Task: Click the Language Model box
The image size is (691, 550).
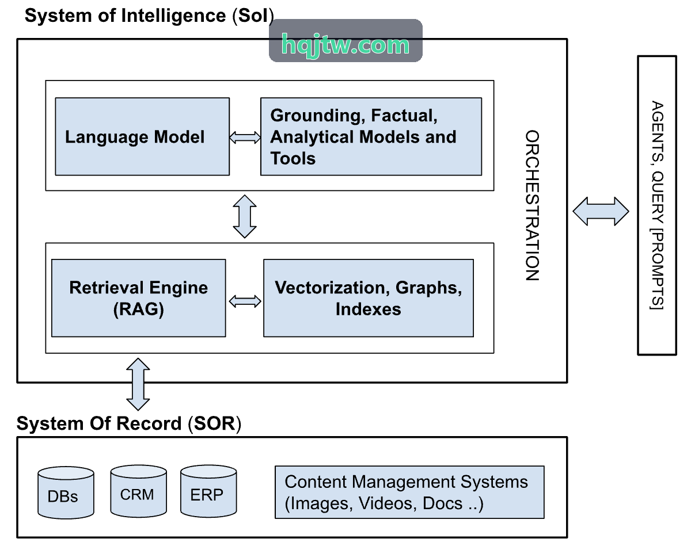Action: [142, 136]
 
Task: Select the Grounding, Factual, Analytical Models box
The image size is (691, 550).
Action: [371, 136]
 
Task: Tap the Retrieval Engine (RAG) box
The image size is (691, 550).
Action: [138, 298]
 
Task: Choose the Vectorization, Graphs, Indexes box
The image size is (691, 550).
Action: [369, 298]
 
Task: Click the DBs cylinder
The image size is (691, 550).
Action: [66, 492]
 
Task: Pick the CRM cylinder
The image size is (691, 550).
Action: [138, 491]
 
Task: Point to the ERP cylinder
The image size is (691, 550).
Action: [208, 491]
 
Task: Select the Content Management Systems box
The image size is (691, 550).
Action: [409, 492]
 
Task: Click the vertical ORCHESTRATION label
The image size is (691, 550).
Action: [532, 205]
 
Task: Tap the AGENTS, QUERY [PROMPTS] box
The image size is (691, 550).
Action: [657, 205]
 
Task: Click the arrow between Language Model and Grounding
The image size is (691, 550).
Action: [245, 137]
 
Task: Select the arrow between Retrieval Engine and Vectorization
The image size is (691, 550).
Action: [245, 301]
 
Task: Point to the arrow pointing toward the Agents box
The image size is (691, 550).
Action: [601, 211]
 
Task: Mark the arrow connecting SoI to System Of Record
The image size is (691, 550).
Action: [138, 384]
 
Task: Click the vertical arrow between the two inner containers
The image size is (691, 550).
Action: [245, 216]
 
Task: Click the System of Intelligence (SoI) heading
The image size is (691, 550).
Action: [149, 16]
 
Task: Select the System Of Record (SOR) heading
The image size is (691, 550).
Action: [128, 423]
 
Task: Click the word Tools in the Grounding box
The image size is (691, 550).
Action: [293, 158]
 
